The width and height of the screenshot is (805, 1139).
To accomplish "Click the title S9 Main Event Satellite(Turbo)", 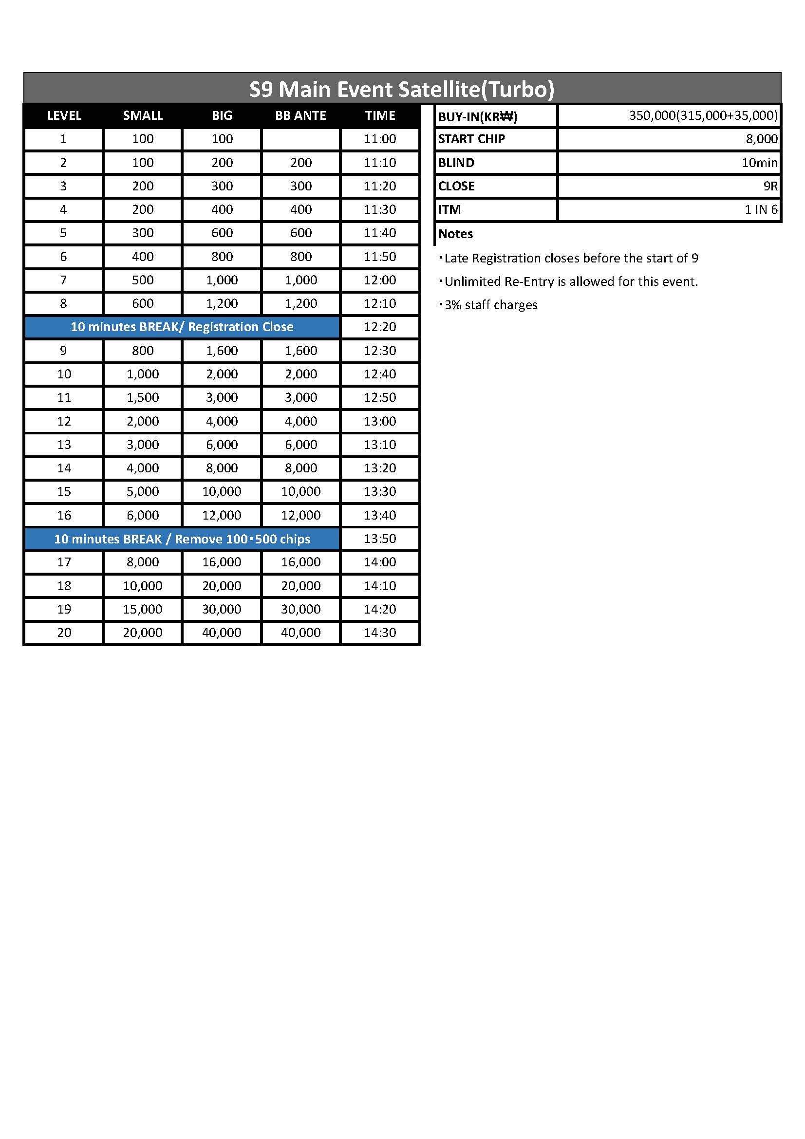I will [x=402, y=89].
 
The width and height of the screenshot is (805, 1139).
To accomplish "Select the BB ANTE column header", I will [x=300, y=115].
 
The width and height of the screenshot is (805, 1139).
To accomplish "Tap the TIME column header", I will [x=380, y=115].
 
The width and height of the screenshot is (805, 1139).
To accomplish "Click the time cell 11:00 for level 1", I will [x=380, y=139].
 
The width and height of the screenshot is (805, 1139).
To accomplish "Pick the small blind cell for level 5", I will [x=142, y=233].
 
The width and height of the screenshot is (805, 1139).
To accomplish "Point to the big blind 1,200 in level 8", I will [x=222, y=303].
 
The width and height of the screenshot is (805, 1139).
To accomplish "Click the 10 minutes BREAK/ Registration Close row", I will [x=182, y=327].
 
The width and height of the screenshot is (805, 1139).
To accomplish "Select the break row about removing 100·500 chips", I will [x=182, y=539].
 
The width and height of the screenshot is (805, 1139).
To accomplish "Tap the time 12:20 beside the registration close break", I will [x=380, y=327].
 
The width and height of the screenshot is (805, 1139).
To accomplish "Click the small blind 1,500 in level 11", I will [x=142, y=397].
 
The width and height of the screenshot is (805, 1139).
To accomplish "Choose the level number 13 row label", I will [x=64, y=445].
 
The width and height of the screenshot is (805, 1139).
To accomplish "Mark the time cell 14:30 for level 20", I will [x=380, y=633].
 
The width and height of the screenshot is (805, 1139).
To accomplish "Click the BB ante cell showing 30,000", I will [x=300, y=609].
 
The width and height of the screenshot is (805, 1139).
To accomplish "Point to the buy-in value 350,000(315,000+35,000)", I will [x=703, y=115].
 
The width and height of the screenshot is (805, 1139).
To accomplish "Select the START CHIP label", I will [x=471, y=139].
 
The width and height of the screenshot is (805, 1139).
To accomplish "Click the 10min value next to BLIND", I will [x=759, y=163].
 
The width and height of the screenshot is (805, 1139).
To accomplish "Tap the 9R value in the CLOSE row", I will [x=770, y=186].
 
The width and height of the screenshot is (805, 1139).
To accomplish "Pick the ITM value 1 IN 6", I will [x=761, y=209].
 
